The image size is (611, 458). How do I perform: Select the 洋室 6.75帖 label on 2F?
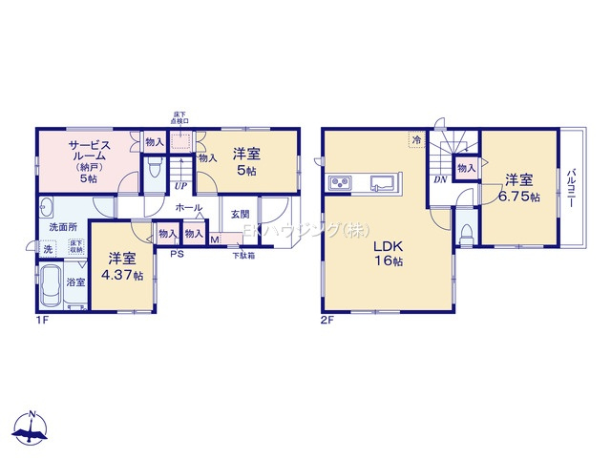522,188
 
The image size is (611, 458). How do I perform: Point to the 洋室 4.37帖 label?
125,266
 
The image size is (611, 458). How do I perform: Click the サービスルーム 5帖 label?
90,159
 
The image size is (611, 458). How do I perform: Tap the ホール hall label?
188,207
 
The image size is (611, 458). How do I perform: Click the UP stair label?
180,186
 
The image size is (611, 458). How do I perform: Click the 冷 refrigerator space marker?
416,140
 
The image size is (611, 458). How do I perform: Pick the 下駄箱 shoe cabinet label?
244,255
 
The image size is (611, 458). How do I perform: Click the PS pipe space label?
177,254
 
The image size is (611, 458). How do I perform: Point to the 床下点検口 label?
179,117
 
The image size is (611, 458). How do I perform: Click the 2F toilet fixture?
465,233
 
